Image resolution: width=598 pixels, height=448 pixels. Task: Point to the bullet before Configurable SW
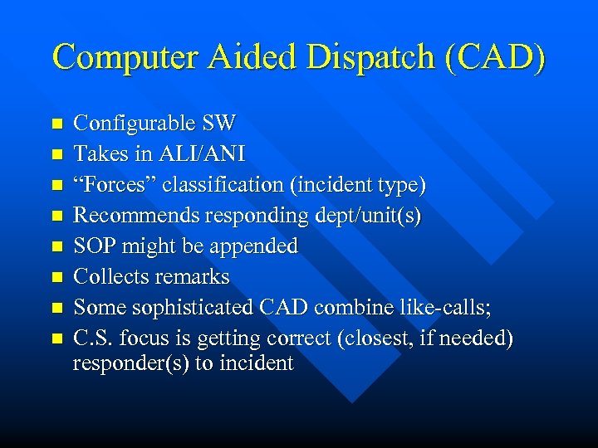click(x=56, y=124)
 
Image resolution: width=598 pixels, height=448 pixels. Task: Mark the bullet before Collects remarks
click(x=56, y=277)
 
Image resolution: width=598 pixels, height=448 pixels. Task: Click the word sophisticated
click(x=198, y=308)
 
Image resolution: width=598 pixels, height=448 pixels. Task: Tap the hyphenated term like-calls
click(x=447, y=308)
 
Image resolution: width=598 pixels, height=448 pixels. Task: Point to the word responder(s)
click(x=130, y=363)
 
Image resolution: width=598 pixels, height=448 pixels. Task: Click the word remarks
click(x=190, y=277)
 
